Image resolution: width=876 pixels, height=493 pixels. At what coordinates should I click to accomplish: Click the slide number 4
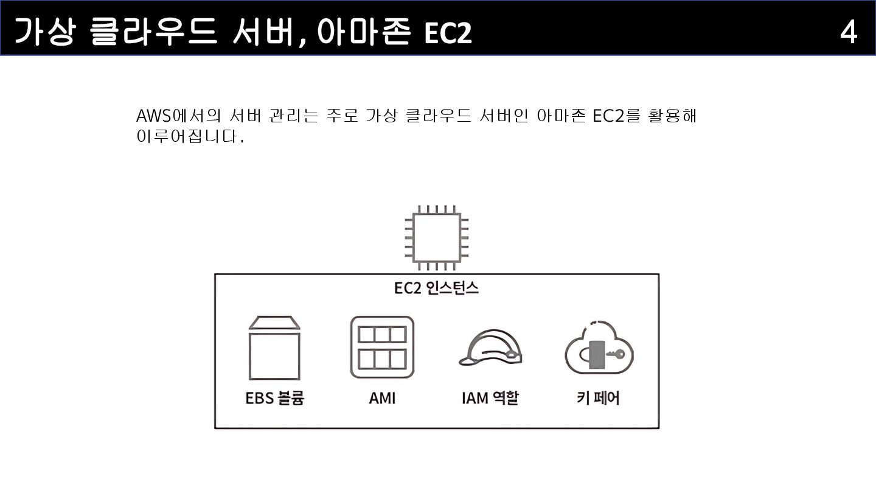(x=849, y=32)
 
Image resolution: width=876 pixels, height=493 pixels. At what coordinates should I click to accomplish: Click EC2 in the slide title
(x=448, y=33)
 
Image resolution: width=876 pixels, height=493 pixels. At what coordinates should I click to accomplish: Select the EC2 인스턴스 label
(x=437, y=288)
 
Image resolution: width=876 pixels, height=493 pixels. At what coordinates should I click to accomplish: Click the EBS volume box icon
(x=274, y=349)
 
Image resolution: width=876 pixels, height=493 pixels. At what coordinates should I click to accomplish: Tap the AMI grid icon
(x=382, y=348)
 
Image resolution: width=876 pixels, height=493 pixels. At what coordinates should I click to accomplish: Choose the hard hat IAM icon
(x=490, y=349)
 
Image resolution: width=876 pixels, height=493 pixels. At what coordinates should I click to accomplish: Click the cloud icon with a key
(x=599, y=348)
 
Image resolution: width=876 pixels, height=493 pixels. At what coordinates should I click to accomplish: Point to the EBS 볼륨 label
(x=274, y=398)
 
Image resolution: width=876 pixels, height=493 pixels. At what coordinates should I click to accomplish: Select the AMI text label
(x=382, y=398)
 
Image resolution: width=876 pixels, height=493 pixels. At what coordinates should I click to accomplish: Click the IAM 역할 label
(x=490, y=398)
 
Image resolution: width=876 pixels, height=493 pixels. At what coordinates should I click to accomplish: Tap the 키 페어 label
(x=598, y=398)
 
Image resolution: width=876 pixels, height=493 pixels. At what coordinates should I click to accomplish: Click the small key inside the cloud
(x=616, y=354)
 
